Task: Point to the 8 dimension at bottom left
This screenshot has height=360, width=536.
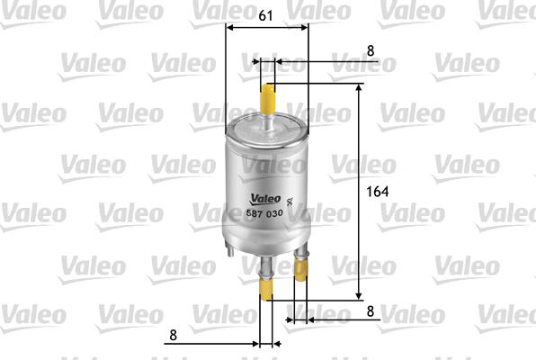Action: coord(173,336)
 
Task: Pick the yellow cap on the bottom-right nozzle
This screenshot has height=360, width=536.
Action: coord(301,287)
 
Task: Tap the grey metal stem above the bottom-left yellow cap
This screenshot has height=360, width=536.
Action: coord(265,265)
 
